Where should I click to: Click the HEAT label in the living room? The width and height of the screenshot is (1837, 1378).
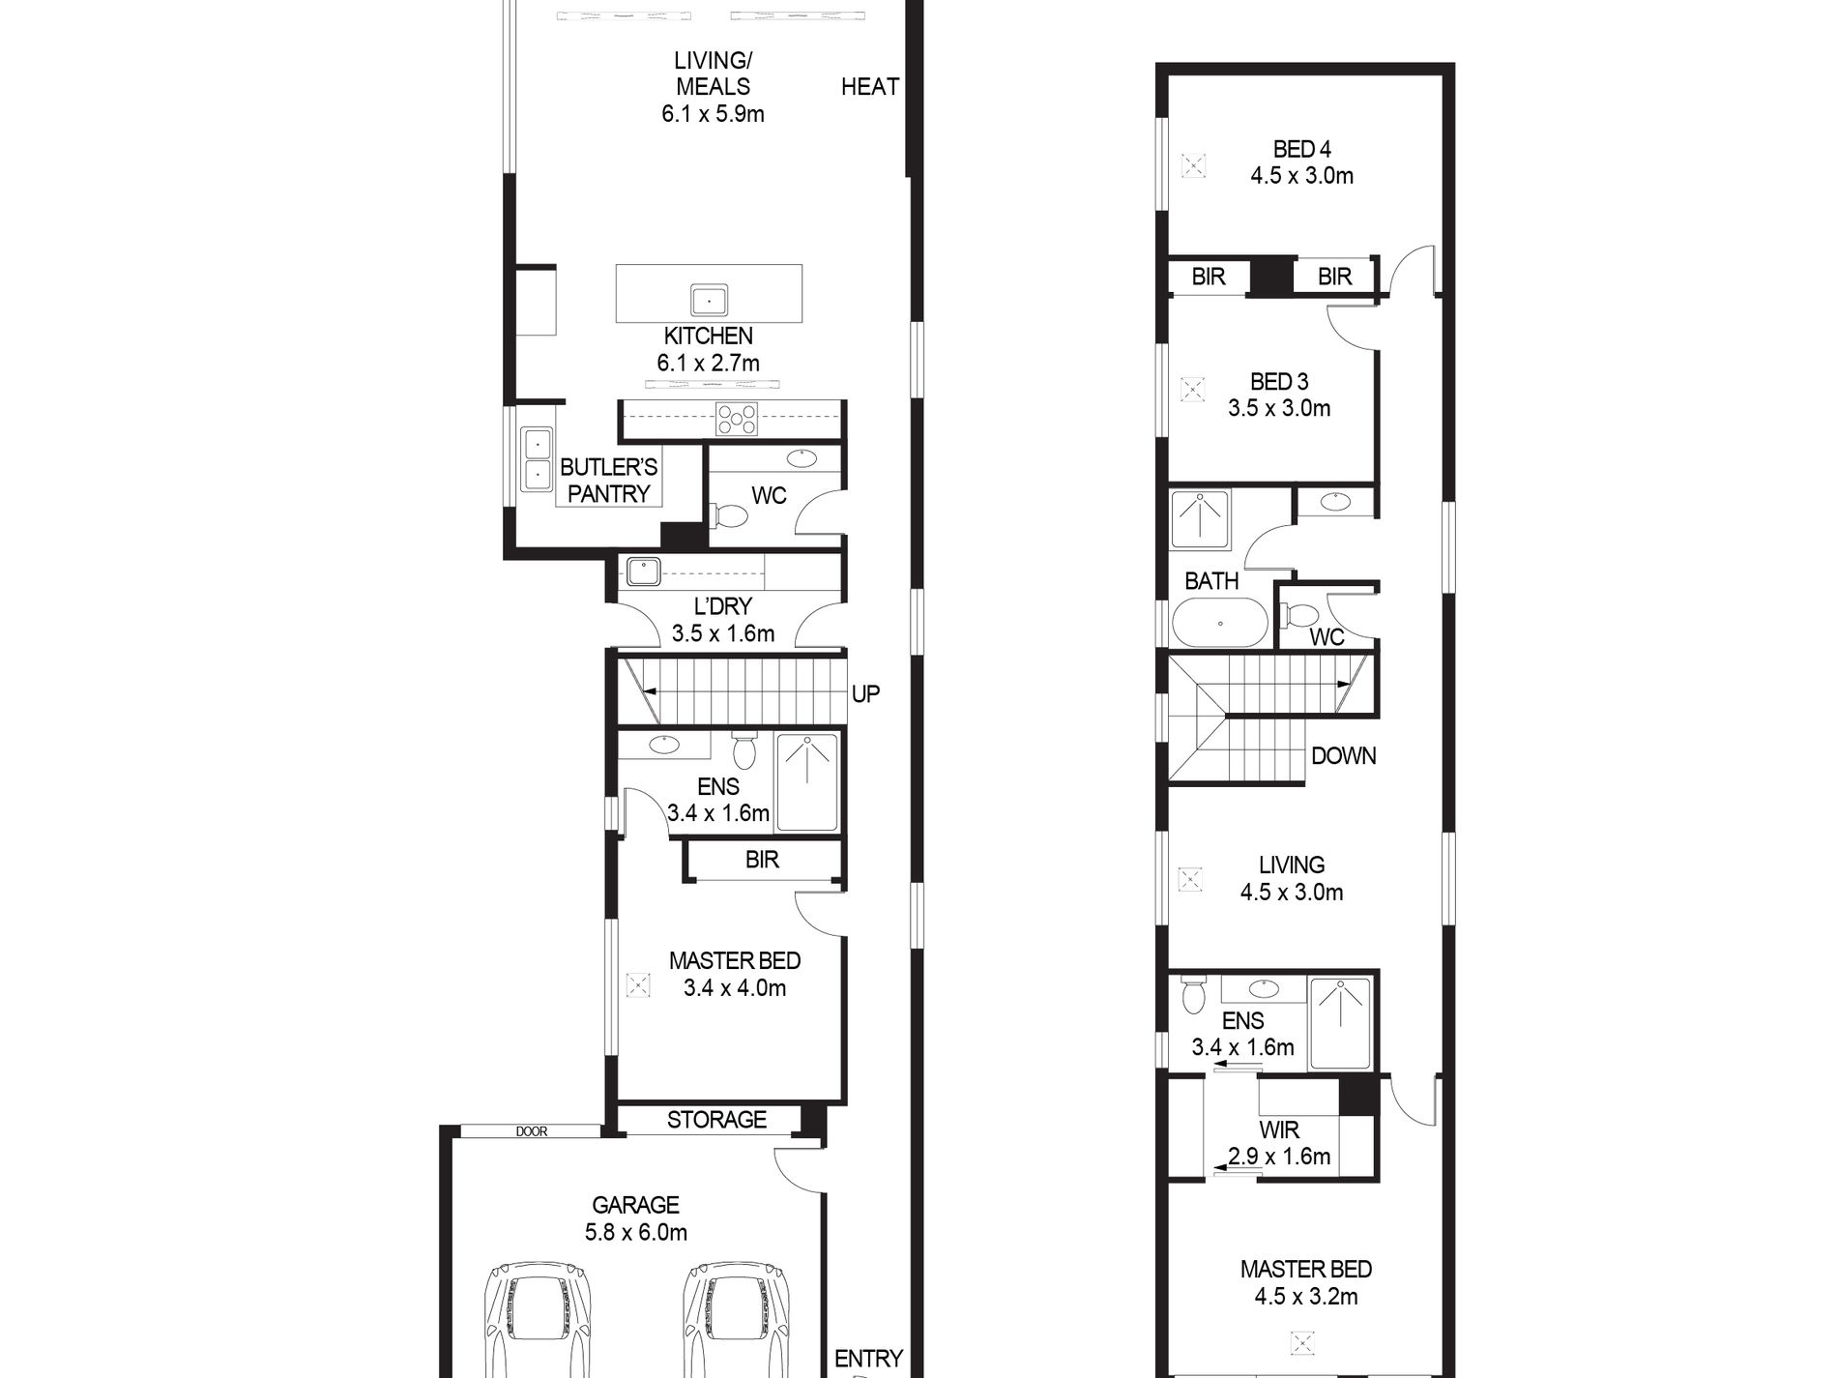tap(870, 87)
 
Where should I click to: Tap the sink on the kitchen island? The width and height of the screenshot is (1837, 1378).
tap(710, 300)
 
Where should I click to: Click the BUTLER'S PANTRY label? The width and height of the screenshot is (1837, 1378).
tap(609, 481)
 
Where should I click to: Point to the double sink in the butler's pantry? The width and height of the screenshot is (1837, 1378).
tap(536, 458)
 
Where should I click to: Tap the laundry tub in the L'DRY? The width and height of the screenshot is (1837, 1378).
tap(642, 572)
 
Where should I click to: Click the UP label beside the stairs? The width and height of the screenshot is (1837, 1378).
tap(865, 693)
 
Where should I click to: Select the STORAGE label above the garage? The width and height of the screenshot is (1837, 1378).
tap(716, 1120)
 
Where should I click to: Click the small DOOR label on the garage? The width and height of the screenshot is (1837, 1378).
tap(531, 1130)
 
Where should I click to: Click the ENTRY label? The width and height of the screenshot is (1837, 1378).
tap(868, 1359)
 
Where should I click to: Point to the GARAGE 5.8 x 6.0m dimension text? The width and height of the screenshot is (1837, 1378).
tap(636, 1218)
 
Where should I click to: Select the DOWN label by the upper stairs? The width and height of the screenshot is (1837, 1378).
tap(1344, 756)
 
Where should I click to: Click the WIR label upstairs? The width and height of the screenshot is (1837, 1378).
tap(1279, 1129)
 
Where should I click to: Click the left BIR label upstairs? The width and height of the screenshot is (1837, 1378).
tap(1209, 277)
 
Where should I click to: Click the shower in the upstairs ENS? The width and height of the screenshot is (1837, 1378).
tap(1340, 1024)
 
